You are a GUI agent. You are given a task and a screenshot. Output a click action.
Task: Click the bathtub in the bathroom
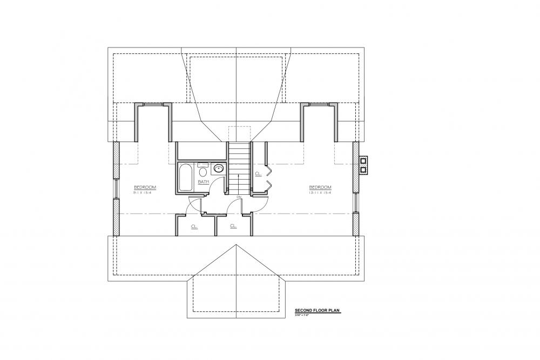coord(185,177)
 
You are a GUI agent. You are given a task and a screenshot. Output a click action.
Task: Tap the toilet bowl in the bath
coord(202,172)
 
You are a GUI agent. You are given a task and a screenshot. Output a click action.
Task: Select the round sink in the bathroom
coord(219,169)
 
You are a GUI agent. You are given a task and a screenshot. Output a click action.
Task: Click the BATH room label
coord(204,182)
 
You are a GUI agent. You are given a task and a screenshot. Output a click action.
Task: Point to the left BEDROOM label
coord(145,187)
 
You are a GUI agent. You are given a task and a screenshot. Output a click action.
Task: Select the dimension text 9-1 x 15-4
coord(145,193)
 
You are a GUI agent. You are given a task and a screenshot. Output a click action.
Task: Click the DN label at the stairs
coord(238,198)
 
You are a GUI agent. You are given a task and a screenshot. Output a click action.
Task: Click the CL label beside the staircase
coord(258,174)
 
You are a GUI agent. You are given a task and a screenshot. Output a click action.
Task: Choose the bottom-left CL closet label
coord(194,226)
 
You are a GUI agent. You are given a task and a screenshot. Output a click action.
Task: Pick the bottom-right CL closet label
coord(233,226)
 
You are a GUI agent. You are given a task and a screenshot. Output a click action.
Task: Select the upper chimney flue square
coord(363,160)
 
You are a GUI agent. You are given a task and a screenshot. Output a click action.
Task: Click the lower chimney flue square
coord(363,169)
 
